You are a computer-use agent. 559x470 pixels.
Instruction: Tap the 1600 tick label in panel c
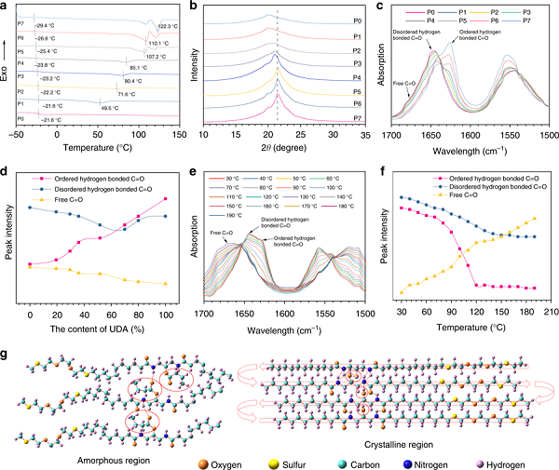[x=467, y=136]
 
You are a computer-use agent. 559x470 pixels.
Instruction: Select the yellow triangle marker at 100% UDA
[x=166, y=283]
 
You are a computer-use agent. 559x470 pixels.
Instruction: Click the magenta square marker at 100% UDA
[x=166, y=198]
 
